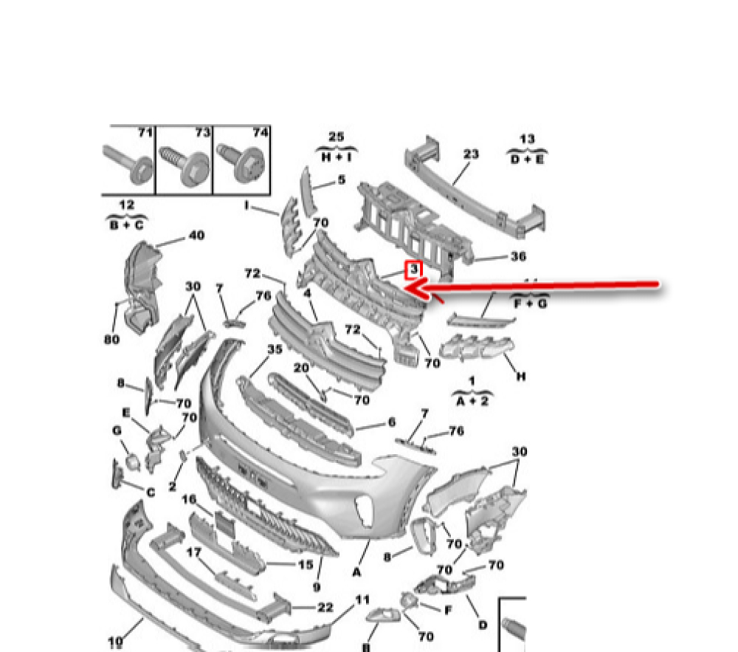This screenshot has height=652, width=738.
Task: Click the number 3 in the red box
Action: coord(414,270)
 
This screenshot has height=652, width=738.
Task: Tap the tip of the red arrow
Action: coord(408,288)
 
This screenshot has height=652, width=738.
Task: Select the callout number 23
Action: coord(471,154)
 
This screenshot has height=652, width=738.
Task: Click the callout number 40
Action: coord(196,236)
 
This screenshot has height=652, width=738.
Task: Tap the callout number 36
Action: coord(518,256)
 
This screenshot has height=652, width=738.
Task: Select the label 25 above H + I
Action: coord(336,137)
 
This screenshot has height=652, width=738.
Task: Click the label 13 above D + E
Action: coord(527,139)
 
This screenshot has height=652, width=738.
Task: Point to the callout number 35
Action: coord(275,349)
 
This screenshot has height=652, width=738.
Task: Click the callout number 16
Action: coord(189,500)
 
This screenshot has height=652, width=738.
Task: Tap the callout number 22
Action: coord(325,607)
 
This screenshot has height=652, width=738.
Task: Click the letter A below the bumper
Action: coord(357,572)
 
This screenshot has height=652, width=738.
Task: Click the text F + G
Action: coord(527,303)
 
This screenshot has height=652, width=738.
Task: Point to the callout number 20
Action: coord(301,368)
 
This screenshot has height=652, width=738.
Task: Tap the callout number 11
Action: coord(362,600)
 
